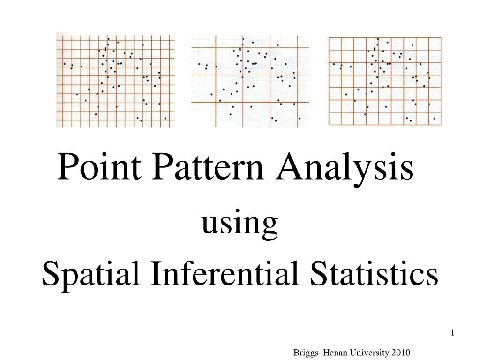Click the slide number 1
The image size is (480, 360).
453,333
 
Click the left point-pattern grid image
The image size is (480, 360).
115,80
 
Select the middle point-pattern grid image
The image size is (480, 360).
250,80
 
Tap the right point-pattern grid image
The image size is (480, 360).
384,80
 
